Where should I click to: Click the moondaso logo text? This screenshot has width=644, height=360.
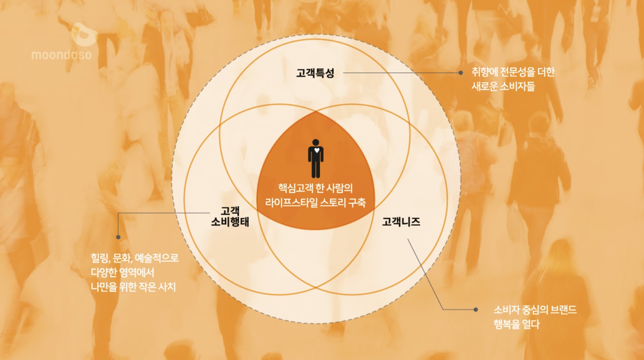pyautogui.click(x=61, y=55)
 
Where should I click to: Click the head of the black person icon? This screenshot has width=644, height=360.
pyautogui.click(x=315, y=142)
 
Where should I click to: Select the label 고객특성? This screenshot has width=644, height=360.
pyautogui.click(x=315, y=73)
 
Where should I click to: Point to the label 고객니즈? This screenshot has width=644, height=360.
pyautogui.click(x=401, y=222)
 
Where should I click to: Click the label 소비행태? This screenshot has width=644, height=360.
pyautogui.click(x=230, y=222)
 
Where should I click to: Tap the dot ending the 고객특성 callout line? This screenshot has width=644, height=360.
pyautogui.click(x=461, y=73)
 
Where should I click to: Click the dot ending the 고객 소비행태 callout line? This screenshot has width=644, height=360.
pyautogui.click(x=118, y=237)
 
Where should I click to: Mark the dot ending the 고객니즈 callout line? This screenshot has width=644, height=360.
pyautogui.click(x=476, y=309)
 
